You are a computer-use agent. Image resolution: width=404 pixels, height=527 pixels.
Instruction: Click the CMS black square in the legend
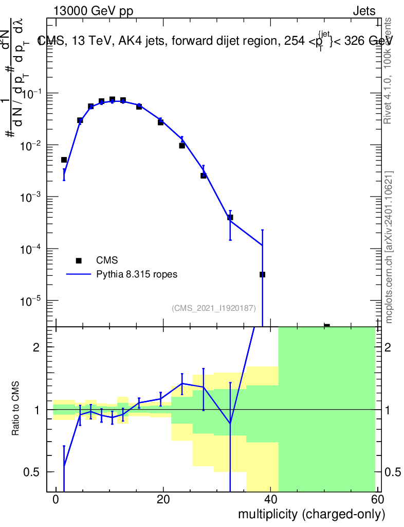(x=79, y=261)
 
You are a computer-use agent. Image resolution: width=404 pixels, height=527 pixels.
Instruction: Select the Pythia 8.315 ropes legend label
(x=137, y=274)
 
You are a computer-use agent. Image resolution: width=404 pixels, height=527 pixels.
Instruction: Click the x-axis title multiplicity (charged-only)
(x=311, y=514)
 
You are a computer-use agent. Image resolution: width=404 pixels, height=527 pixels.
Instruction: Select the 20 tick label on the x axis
(x=163, y=500)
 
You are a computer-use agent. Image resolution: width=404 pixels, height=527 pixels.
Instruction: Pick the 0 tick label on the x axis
(x=56, y=500)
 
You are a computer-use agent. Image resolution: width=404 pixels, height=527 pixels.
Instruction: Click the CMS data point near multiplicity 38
(x=262, y=274)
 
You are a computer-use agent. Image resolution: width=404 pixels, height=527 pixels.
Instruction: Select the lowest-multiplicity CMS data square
(x=64, y=160)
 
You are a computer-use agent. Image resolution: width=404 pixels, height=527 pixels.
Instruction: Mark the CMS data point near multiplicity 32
(x=230, y=217)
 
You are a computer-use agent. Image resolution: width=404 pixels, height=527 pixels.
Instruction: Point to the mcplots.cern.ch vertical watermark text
(x=389, y=247)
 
